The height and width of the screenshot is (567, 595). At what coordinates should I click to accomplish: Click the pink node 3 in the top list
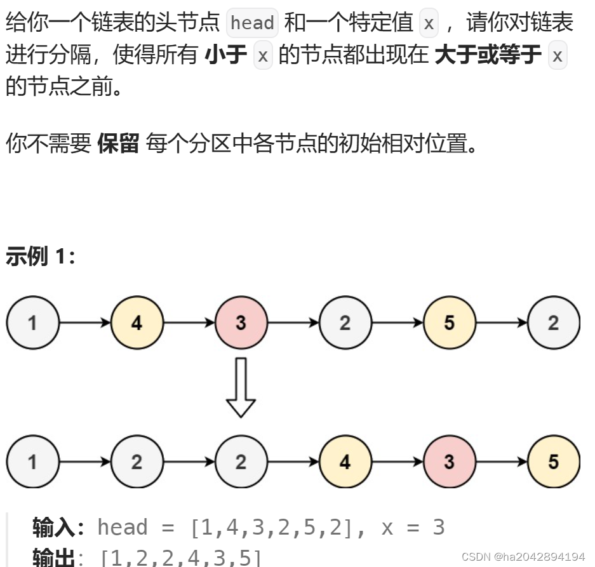pos(241,323)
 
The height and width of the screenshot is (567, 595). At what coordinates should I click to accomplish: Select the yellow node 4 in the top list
pos(137,323)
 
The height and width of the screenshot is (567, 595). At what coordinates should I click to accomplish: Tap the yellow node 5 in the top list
pos(449,323)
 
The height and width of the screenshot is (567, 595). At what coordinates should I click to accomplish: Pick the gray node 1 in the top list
pos(32,323)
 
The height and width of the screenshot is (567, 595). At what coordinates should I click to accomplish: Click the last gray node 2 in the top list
pos(553,323)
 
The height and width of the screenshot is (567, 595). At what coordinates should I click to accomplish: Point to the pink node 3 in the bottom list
pos(449,462)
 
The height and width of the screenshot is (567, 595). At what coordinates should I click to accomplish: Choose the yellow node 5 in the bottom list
pos(553,462)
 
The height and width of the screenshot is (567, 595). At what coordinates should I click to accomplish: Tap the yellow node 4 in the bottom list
pos(345,462)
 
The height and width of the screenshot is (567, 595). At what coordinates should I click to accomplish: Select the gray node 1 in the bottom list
pos(32,462)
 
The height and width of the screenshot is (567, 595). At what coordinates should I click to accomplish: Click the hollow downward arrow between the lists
pos(241,388)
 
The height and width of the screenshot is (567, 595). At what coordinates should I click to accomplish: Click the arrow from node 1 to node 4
pos(84,323)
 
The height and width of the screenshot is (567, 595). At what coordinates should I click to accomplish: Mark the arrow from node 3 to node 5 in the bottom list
pos(501,462)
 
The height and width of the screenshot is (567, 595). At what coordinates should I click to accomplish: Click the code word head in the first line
pos(252,23)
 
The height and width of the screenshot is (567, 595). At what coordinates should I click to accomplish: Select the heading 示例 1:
pos(40,257)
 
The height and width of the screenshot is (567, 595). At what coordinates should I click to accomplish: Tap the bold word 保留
pos(118,144)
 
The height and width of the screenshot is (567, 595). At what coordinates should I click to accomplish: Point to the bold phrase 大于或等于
pos(488,56)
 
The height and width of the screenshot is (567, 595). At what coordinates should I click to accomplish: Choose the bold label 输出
pos(53,558)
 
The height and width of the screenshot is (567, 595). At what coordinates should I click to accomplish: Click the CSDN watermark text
pos(523,557)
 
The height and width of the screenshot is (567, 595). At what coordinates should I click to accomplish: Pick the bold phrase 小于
pos(226,56)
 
